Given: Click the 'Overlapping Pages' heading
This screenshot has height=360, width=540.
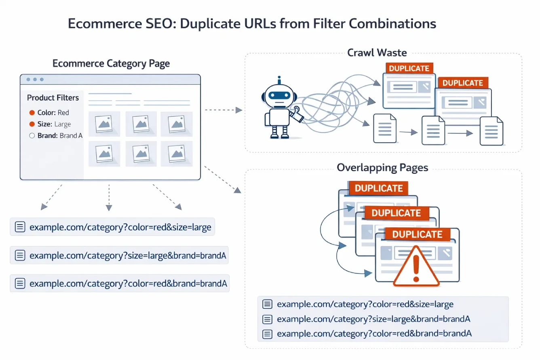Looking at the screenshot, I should tap(382, 167).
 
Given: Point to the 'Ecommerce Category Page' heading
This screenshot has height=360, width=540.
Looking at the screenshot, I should tap(111, 63).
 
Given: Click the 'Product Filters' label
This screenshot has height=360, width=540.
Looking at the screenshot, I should tap(53, 98).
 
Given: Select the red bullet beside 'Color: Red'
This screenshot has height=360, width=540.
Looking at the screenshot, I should tap(32, 113).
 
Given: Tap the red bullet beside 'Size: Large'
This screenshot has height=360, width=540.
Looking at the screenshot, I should tap(32, 124).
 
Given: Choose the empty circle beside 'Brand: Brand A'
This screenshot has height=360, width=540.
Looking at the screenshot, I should tap(32, 136).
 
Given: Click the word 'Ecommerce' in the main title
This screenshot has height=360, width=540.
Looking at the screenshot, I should tap(95, 23).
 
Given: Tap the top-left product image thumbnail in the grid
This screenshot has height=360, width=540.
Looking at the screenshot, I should tap(104, 122).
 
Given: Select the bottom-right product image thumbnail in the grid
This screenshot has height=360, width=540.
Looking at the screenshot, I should tap(176, 154).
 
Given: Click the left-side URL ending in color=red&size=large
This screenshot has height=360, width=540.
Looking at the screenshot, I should tap(120, 227).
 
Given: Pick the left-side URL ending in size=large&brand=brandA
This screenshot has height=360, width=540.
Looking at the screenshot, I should tap(126, 255).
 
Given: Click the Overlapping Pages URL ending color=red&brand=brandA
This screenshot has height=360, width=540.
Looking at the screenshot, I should tap(374, 334).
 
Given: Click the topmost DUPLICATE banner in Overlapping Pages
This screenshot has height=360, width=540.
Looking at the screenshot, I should tap(378, 188).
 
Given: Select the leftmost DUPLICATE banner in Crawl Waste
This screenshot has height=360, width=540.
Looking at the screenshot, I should tap(409, 68).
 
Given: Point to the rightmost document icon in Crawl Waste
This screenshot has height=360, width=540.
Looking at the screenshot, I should tap(491, 131).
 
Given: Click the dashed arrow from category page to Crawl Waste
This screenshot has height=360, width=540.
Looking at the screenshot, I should tap(222, 109).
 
